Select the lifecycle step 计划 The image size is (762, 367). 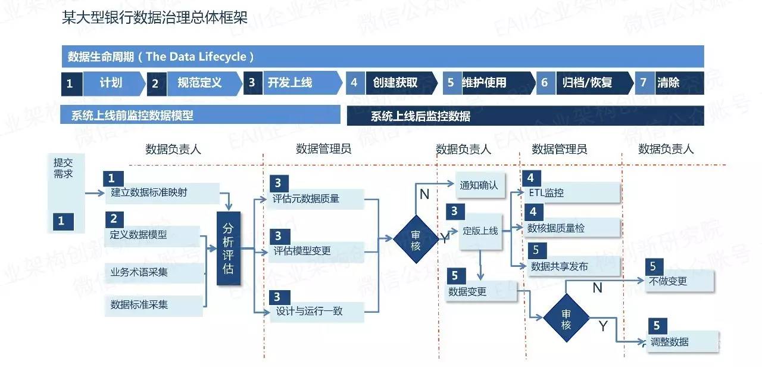(111, 83)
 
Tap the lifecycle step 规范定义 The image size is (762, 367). (199, 83)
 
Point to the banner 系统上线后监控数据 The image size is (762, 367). (525, 116)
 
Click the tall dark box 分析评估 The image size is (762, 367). (228, 248)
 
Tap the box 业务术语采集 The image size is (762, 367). (154, 272)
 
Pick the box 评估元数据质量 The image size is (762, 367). (315, 199)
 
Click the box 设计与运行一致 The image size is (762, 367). (315, 311)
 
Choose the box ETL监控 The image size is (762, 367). (571, 192)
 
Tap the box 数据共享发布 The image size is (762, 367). (571, 266)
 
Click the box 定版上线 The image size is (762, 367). (480, 231)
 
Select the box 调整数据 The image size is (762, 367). (683, 341)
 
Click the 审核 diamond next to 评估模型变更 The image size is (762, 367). (416, 240)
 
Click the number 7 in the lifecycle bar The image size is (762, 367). (643, 83)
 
